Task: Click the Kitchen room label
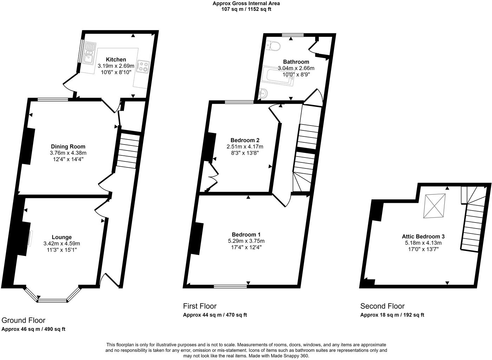[x=116, y=59]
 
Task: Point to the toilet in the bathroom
[x=273, y=45]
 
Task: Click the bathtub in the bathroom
[x=278, y=76]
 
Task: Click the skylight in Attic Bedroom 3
[x=433, y=206]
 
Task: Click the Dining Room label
[x=68, y=147]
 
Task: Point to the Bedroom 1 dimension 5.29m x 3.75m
[x=246, y=241]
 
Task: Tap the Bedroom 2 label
[x=245, y=140]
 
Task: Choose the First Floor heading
[x=200, y=306]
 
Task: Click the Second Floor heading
[x=382, y=306]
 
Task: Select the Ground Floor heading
[x=24, y=320]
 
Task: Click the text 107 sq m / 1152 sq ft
[x=246, y=9]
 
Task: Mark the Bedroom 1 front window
[x=230, y=286]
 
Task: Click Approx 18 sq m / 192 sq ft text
[x=392, y=315]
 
